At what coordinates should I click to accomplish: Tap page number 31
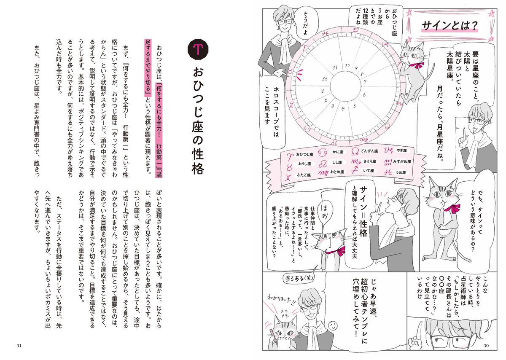pyautogui.click(x=19, y=346)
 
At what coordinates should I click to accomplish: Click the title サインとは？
pyautogui.click(x=449, y=27)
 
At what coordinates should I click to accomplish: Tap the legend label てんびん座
pyautogui.click(x=369, y=150)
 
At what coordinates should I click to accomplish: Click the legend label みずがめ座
pyautogui.click(x=403, y=161)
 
